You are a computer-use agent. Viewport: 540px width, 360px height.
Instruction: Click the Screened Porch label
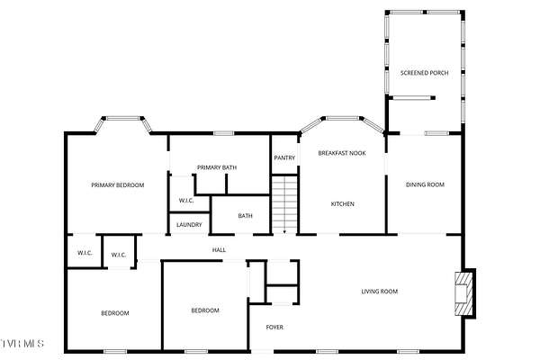[424, 73]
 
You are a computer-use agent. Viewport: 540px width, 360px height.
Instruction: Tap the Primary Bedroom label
[118, 185]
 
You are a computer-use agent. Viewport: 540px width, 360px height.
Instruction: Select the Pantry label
[284, 157]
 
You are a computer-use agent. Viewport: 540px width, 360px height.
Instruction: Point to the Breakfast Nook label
[342, 153]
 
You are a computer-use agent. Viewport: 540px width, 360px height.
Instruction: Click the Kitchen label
[342, 204]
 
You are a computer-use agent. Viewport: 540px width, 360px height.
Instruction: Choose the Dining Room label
[425, 184]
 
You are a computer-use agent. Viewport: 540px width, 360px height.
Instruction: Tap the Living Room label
[380, 292]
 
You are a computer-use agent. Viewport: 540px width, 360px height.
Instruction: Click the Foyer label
[274, 328]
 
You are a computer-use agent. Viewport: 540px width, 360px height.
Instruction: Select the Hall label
[219, 250]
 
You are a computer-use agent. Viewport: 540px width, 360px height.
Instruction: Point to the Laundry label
[189, 225]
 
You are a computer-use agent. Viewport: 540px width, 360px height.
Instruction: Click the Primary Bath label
[217, 167]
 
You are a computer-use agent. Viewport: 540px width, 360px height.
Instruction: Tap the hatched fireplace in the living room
[463, 292]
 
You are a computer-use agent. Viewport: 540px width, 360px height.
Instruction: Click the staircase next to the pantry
[284, 205]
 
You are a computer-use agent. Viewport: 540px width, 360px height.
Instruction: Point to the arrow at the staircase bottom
[284, 232]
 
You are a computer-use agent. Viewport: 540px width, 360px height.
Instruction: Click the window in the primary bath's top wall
[224, 133]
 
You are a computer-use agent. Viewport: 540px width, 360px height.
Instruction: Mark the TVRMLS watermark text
[22, 344]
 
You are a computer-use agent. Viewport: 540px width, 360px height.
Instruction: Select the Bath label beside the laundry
[245, 216]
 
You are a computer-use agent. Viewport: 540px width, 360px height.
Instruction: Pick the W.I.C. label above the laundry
[186, 201]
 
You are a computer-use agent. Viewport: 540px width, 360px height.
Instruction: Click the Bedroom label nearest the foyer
[205, 310]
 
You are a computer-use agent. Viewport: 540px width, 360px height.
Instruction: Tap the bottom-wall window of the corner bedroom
[115, 351]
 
